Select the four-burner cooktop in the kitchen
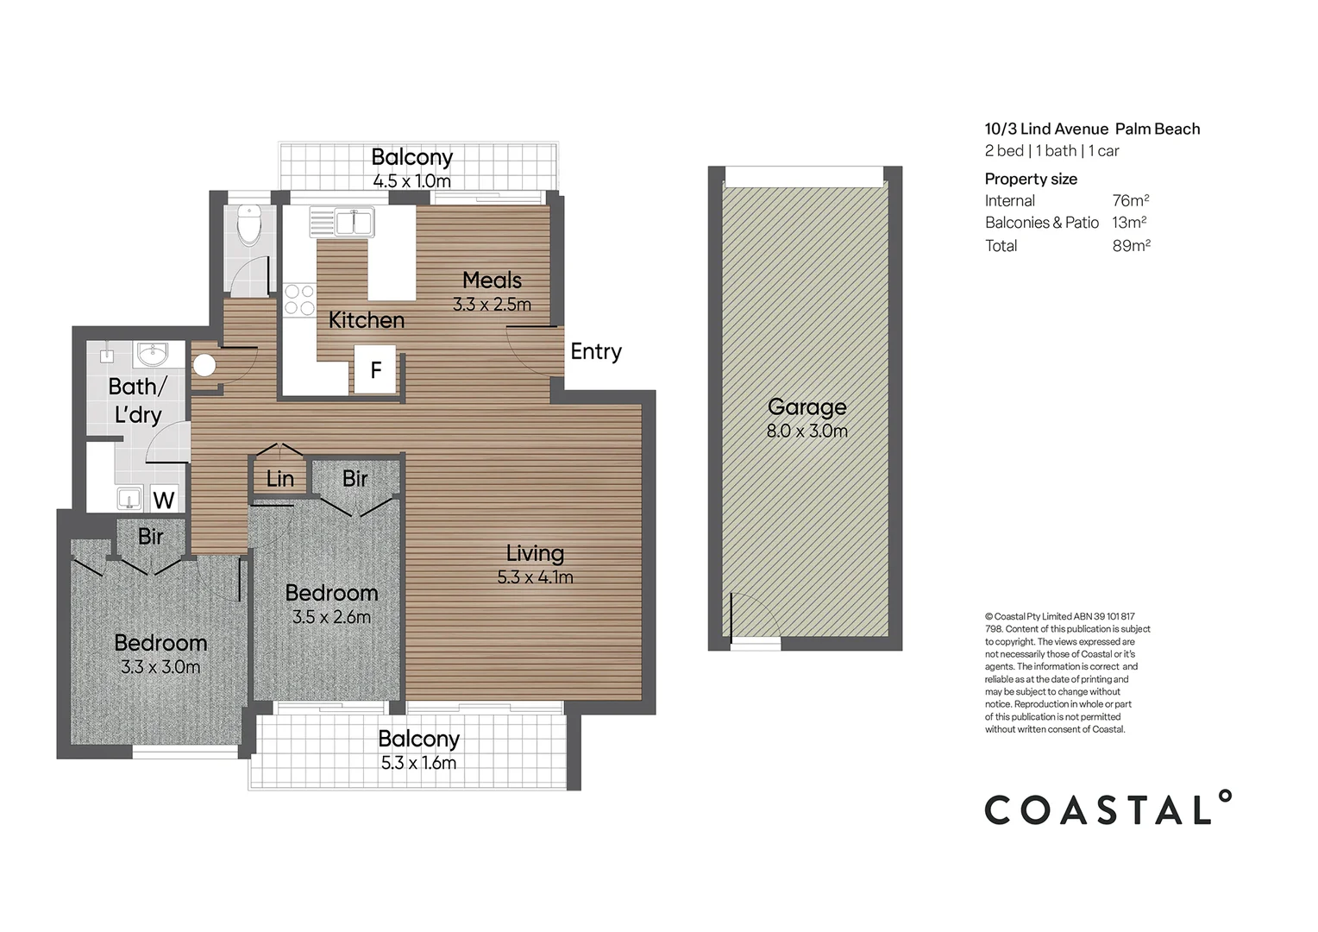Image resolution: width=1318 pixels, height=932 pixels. coord(298,299)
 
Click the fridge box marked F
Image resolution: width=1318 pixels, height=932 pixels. coord(375,370)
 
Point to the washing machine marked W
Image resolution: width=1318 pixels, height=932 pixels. coord(164,500)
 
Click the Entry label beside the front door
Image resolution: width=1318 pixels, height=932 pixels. coord(595,351)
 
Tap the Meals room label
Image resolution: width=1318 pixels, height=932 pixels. coord(492,280)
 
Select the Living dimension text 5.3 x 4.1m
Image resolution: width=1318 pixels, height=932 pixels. coord(535,577)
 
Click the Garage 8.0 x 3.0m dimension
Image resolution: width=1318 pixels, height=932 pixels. coord(806,431)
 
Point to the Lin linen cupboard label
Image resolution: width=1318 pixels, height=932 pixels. coord(279,478)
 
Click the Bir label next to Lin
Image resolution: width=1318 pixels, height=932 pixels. coord(355,478)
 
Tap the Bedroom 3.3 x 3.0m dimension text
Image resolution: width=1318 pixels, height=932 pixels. coord(160,667)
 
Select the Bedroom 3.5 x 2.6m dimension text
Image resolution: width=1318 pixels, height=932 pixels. coord(331,617)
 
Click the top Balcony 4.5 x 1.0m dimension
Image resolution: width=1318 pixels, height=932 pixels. coord(411,181)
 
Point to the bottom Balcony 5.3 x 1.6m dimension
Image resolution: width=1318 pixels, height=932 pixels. coord(418,763)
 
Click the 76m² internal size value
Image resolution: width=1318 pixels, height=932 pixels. coord(1130,200)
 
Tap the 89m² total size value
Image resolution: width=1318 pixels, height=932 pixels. coord(1131,245)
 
